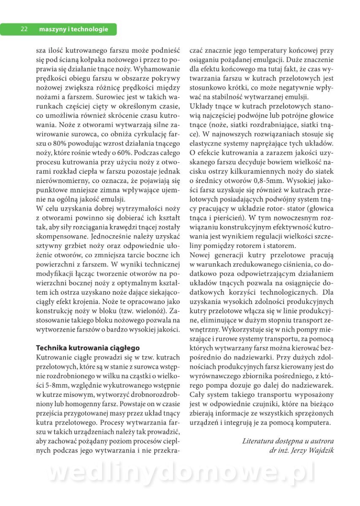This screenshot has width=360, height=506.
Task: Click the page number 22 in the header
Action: pos(24,29)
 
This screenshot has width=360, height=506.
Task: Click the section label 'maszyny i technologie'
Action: pos(73,29)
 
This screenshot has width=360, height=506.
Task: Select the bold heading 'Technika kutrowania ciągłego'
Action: pos(87,348)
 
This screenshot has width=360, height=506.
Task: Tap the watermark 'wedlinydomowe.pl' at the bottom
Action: pos(181,474)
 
